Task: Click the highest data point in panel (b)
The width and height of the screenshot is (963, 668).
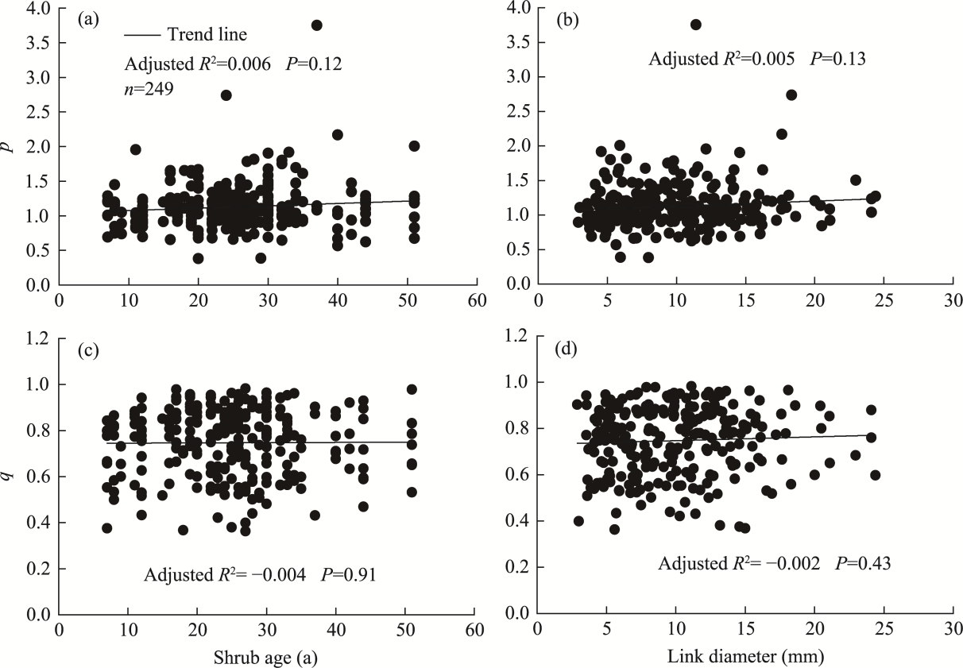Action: [x=696, y=25]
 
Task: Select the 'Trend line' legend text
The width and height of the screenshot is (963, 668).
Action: [x=207, y=35]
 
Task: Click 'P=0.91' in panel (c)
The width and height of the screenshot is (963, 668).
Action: [x=349, y=574]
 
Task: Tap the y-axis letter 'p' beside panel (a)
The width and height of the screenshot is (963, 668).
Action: [x=10, y=147]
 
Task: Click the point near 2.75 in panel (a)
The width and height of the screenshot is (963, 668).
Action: [x=226, y=95]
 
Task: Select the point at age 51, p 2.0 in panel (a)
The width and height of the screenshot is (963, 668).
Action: [x=414, y=145]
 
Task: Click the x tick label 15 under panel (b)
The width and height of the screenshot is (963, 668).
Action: [x=745, y=303]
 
